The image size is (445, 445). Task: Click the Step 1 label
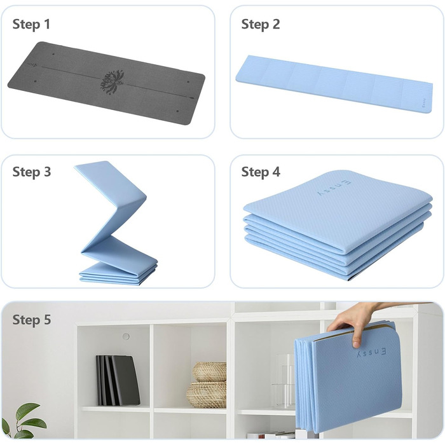pyautogui.click(x=31, y=24)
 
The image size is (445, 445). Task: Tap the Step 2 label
pyautogui.click(x=261, y=24)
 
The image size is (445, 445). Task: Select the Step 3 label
pyautogui.click(x=32, y=172)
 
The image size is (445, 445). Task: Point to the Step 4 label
pyautogui.click(x=261, y=172)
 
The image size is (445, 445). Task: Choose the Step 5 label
pyautogui.click(x=32, y=320)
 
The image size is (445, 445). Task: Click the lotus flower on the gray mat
pyautogui.click(x=113, y=82)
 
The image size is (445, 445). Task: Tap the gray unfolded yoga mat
pyautogui.click(x=106, y=83)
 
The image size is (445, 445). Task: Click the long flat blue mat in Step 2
pyautogui.click(x=334, y=84)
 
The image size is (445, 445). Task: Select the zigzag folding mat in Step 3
pyautogui.click(x=116, y=223)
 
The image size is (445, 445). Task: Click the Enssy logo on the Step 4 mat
pyautogui.click(x=334, y=188)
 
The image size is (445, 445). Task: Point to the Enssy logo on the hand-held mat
pyautogui.click(x=371, y=353)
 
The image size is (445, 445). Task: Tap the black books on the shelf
pyautogui.click(x=118, y=380)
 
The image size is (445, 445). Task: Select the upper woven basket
pyautogui.click(x=210, y=371)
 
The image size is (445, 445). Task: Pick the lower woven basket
pyautogui.click(x=207, y=395)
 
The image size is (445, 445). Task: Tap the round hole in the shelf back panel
pyautogui.click(x=126, y=336)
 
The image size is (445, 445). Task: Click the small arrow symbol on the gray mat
pyautogui.click(x=33, y=65)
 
